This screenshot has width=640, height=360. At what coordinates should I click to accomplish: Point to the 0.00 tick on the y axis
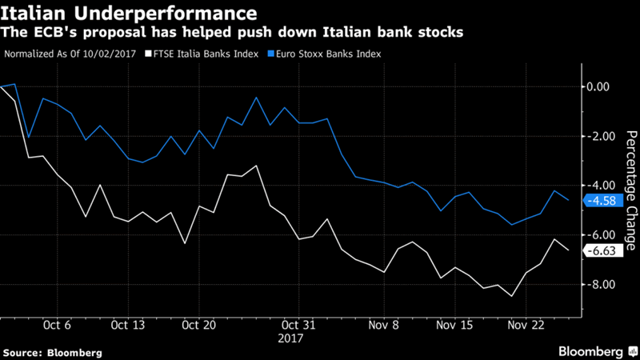pyautogui.click(x=598, y=86)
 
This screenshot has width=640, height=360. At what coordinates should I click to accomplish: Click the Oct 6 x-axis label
pyautogui.click(x=58, y=326)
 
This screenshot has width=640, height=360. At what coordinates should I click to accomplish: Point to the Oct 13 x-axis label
pyautogui.click(x=128, y=326)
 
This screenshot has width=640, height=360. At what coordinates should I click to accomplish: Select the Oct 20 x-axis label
pyautogui.click(x=198, y=326)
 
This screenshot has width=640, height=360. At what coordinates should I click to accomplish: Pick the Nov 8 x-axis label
pyautogui.click(x=384, y=326)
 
